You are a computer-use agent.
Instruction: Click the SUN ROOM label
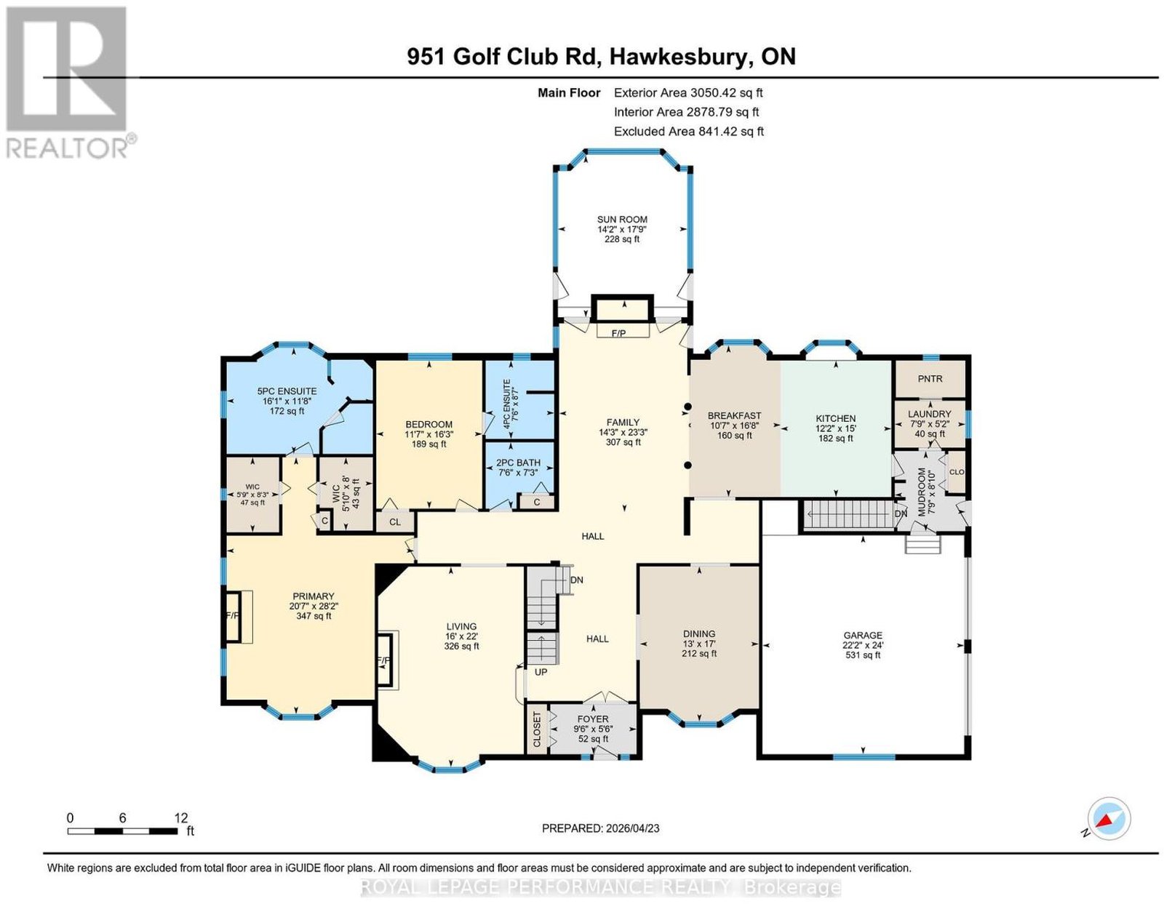tap(622, 220)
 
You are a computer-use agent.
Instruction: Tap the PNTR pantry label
tap(930, 378)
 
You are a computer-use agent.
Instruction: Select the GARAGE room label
tap(862, 636)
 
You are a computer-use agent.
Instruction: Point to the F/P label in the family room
tap(618, 333)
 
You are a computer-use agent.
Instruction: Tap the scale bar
tap(122, 831)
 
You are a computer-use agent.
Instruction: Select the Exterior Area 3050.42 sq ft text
tap(688, 92)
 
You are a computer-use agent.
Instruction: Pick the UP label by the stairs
tap(541, 671)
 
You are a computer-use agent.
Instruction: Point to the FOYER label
tap(593, 719)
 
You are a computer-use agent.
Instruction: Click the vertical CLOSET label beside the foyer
tap(538, 729)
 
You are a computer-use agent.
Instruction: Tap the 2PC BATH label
tap(519, 463)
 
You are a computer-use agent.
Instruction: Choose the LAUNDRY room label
tap(929, 414)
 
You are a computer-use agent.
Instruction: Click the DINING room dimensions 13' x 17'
tap(699, 644)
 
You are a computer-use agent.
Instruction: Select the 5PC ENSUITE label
tap(287, 391)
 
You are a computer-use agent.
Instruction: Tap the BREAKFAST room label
tap(734, 415)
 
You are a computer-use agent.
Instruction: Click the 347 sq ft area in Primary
tap(314, 616)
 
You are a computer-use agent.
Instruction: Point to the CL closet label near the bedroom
tap(395, 522)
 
